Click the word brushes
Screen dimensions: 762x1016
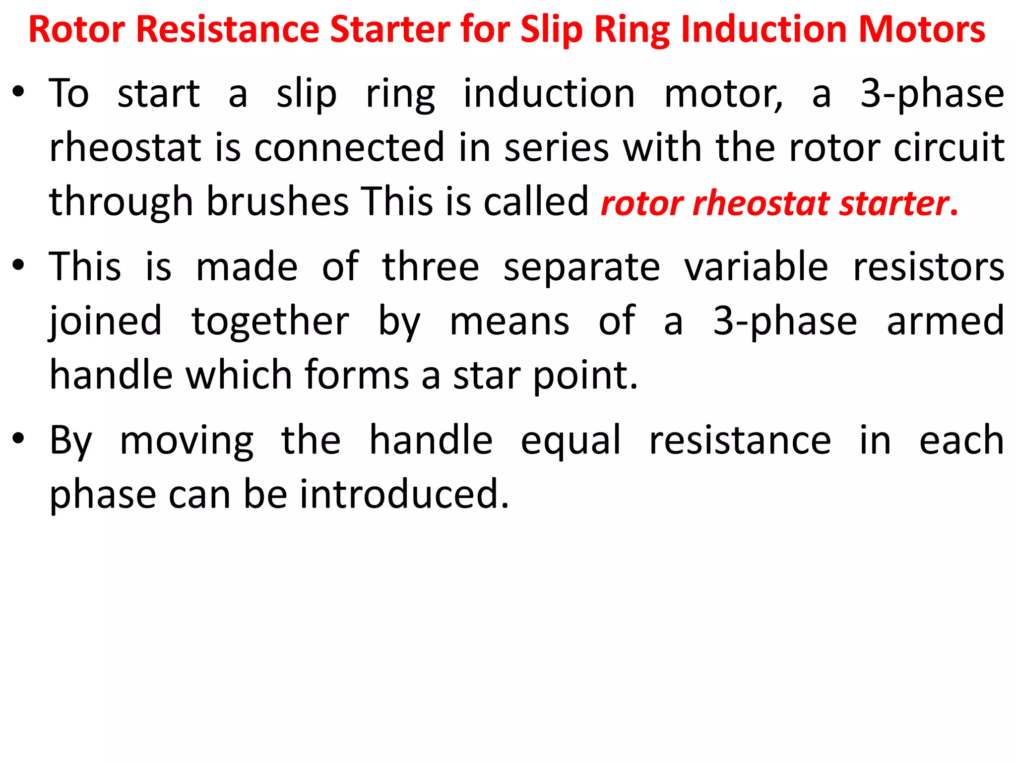point(278,202)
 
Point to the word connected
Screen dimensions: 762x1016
point(349,148)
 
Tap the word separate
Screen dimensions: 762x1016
point(581,267)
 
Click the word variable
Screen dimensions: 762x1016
point(756,267)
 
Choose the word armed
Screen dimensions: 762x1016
point(946,321)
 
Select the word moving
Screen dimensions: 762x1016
point(187,441)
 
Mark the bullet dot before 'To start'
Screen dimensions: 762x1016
point(18,92)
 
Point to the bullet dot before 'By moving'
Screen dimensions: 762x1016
point(18,439)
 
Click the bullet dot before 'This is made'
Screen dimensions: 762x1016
point(18,265)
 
